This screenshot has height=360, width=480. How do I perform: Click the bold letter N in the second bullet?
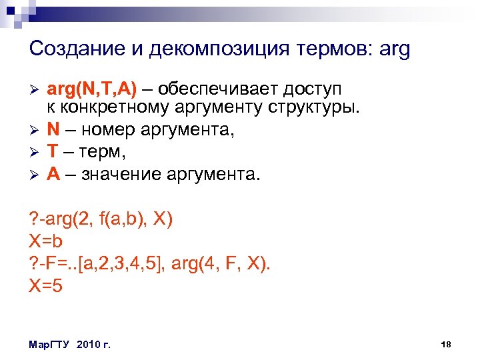[53, 129]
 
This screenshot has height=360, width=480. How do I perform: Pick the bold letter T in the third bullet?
[52, 152]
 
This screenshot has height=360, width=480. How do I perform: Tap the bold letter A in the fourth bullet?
[53, 175]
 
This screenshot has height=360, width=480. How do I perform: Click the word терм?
[103, 152]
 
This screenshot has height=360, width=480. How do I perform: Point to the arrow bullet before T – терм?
[34, 153]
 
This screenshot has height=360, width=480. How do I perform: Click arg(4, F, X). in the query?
[221, 265]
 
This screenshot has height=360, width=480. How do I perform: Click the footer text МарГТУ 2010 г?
[70, 344]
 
